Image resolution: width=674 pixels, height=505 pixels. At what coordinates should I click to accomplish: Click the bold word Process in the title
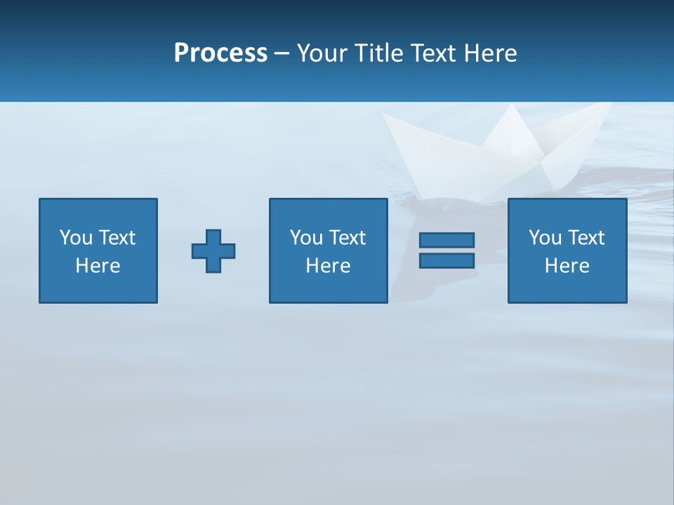click(x=220, y=53)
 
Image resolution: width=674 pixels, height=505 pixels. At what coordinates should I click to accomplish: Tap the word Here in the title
click(x=490, y=53)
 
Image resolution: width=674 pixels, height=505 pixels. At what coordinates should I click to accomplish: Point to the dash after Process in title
click(x=281, y=54)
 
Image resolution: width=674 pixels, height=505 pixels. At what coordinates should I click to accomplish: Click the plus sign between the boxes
click(x=213, y=251)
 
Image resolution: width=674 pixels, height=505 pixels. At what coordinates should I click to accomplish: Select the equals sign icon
click(x=447, y=250)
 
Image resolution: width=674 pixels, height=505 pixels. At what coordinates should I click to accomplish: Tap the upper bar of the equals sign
click(x=447, y=241)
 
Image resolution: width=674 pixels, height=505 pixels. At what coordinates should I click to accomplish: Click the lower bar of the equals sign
click(x=447, y=261)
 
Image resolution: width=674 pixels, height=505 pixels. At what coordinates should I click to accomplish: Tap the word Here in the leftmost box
click(x=98, y=266)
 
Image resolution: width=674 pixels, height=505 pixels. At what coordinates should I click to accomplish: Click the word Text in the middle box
click(x=348, y=238)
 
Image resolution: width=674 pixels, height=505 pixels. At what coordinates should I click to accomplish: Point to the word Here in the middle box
click(x=328, y=266)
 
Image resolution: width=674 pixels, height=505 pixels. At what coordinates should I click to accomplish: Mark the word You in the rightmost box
click(x=545, y=238)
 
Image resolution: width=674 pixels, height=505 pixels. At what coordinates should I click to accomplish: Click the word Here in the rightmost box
click(x=567, y=266)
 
